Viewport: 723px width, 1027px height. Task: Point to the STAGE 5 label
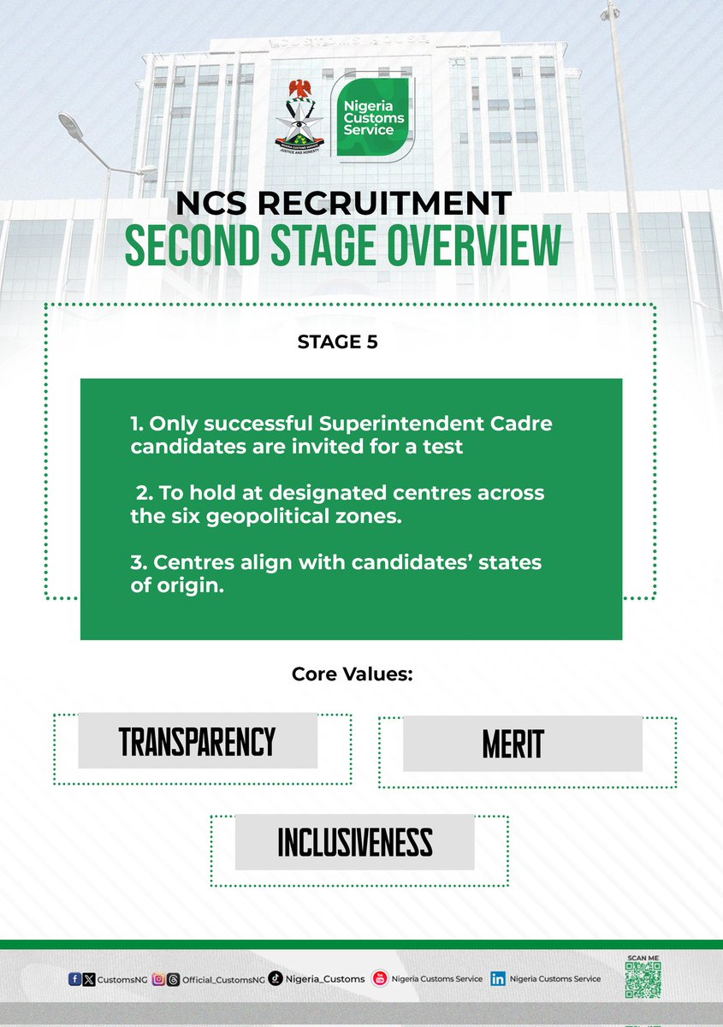click(x=337, y=342)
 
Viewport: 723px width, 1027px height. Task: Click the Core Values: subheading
click(x=353, y=674)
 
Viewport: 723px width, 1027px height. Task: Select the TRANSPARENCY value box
click(x=198, y=742)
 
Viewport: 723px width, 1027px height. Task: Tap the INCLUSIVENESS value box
click(x=354, y=842)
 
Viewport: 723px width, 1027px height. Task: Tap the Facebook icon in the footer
click(x=74, y=979)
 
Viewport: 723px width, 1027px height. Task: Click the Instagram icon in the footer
click(x=157, y=979)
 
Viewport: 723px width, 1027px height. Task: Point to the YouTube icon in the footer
click(x=380, y=979)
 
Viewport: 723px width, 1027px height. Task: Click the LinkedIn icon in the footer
click(x=498, y=979)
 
